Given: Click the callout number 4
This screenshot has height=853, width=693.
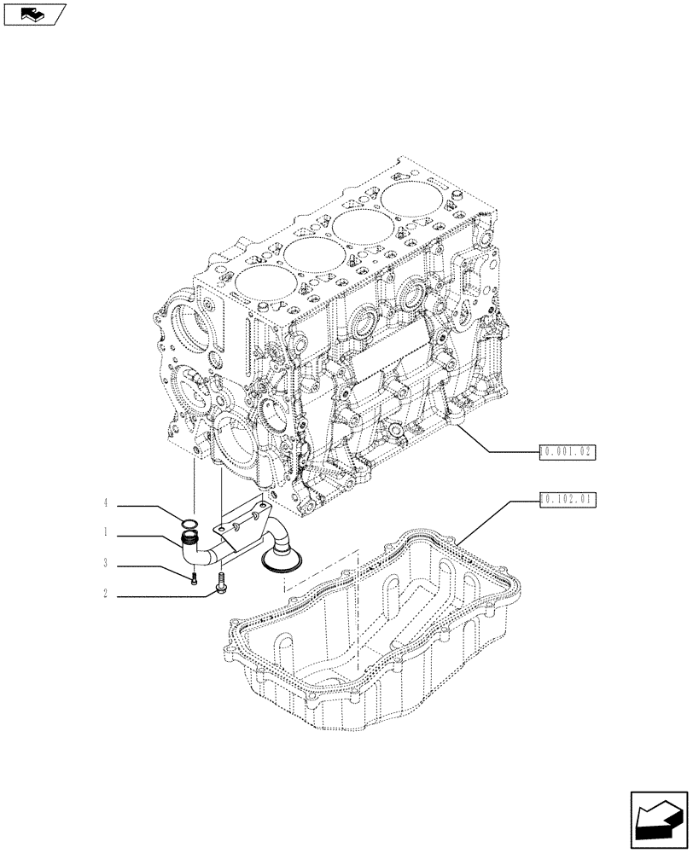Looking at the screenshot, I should [106, 505].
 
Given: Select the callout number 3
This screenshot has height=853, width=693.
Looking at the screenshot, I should [106, 564].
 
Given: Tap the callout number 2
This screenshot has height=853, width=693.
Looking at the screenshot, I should [106, 594].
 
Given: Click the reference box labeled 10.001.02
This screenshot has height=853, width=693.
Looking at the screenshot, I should [567, 452].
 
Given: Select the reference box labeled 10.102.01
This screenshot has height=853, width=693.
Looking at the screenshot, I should [567, 501].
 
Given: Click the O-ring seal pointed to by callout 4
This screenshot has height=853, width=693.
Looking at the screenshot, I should [190, 522].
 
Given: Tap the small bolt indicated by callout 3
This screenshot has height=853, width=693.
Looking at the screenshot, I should [195, 579].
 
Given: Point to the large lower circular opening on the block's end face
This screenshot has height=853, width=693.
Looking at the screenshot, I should [236, 443].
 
